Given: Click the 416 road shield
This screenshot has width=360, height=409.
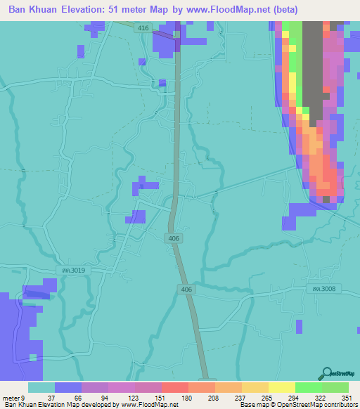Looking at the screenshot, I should tap(143, 27).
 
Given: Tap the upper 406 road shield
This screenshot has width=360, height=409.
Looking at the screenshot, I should tap(174, 239).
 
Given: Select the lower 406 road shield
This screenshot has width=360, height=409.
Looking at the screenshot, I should tap(186, 289).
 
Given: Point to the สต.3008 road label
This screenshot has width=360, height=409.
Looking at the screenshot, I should tap(320, 287).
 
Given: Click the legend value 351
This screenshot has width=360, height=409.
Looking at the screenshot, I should tap(346, 397).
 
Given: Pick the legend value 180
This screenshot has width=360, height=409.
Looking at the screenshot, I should tap(188, 397).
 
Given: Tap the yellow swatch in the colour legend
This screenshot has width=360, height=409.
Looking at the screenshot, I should tap(281, 387).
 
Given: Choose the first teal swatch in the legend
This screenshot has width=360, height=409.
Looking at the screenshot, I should tap(41, 387).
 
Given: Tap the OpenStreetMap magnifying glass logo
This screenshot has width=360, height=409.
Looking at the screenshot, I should tap(328, 373).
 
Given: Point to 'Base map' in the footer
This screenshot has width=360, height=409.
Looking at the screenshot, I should tap(255, 405).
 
